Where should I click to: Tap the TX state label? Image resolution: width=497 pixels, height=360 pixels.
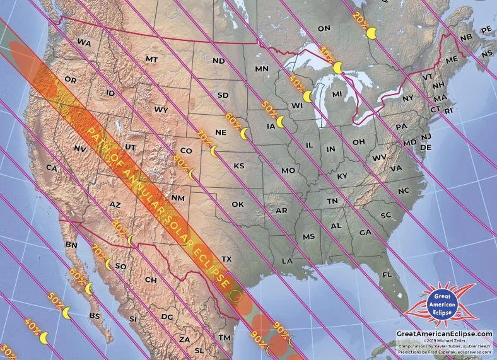[x=226, y=259]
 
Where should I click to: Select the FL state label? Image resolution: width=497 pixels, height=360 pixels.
[x=387, y=275]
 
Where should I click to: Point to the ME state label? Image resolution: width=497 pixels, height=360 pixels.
[x=451, y=59]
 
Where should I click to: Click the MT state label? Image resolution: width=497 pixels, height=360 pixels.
[x=151, y=59]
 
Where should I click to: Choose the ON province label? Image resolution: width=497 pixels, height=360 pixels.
[x=324, y=28]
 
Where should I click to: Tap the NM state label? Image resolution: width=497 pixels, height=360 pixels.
[x=178, y=198]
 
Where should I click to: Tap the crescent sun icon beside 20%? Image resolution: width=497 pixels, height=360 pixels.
[x=372, y=33]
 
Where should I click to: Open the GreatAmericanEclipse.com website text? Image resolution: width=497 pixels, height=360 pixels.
[x=444, y=333]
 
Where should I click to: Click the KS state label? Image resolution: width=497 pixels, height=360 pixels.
[x=239, y=165]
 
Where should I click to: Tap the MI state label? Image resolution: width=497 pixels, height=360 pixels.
[x=337, y=94]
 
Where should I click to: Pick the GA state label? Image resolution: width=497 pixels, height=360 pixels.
[x=365, y=233]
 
